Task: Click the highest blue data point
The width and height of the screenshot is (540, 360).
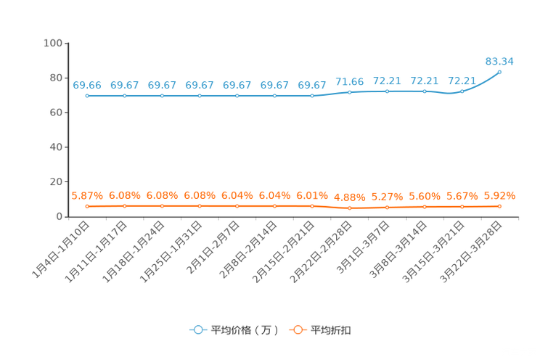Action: pyautogui.click(x=499, y=72)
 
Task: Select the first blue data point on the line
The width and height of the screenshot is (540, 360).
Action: pyautogui.click(x=87, y=96)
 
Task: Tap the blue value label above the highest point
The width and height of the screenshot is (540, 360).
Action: pyautogui.click(x=499, y=61)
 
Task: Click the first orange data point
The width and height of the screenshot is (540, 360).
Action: pyautogui.click(x=87, y=206)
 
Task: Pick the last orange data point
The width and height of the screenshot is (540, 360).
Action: pyautogui.click(x=499, y=206)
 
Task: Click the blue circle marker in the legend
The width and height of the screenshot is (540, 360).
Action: pyautogui.click(x=198, y=330)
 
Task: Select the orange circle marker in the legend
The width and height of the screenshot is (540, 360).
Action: pyautogui.click(x=298, y=330)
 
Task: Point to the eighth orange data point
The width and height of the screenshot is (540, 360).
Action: pyautogui.click(x=350, y=208)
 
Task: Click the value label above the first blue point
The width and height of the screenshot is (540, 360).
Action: pyautogui.click(x=87, y=85)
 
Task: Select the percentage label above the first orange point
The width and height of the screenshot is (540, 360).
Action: pyautogui.click(x=87, y=196)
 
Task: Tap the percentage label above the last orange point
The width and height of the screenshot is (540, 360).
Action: pyautogui.click(x=499, y=196)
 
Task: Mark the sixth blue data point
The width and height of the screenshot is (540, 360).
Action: pyautogui.click(x=274, y=96)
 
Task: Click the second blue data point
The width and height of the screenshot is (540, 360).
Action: pyautogui.click(x=125, y=96)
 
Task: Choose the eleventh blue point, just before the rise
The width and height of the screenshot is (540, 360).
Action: pyautogui.click(x=462, y=91)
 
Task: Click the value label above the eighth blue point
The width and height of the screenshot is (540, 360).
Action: pyautogui.click(x=350, y=81)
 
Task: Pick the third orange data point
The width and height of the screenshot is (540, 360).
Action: pyautogui.click(x=163, y=206)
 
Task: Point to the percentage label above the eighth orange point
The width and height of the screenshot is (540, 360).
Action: pyautogui.click(x=350, y=197)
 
